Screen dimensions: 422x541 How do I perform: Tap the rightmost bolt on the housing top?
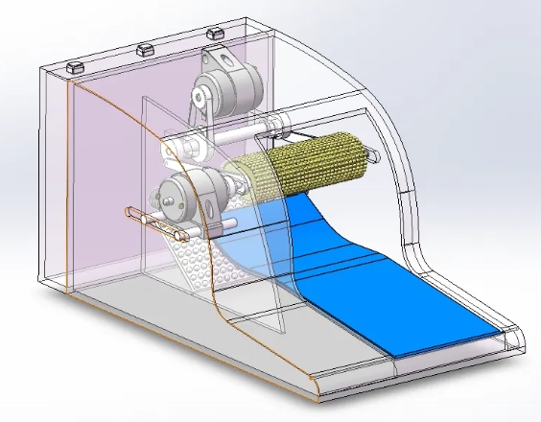[x=215, y=33]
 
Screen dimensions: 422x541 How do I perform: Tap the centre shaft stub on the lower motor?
[x=174, y=199]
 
